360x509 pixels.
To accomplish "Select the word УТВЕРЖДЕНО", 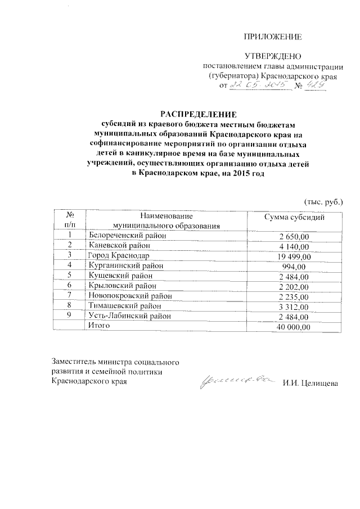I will click(x=272, y=56).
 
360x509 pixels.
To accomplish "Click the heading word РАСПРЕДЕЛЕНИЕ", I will click(x=197, y=112).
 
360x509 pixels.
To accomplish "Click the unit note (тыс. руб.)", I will click(x=323, y=201).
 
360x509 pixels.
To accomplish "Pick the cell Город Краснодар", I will click(x=118, y=256).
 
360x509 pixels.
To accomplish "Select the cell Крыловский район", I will click(x=123, y=286).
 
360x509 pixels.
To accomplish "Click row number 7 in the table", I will click(x=70, y=296).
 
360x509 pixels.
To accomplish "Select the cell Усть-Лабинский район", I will click(x=129, y=317).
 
